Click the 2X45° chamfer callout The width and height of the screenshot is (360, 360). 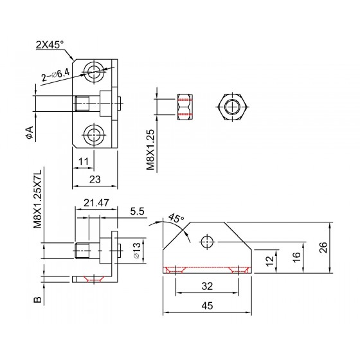click(50, 44)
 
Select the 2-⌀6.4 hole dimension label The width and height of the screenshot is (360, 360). click(55, 75)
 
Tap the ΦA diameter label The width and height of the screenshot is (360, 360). click(30, 132)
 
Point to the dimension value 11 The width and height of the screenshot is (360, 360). click(84, 161)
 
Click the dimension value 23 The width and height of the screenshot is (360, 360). click(95, 179)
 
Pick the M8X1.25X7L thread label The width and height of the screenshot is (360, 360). click(38, 199)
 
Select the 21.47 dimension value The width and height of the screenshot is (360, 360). click(96, 203)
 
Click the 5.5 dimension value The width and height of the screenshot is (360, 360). click(138, 212)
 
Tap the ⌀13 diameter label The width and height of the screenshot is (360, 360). click(136, 250)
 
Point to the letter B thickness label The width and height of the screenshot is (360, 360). click(38, 300)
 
